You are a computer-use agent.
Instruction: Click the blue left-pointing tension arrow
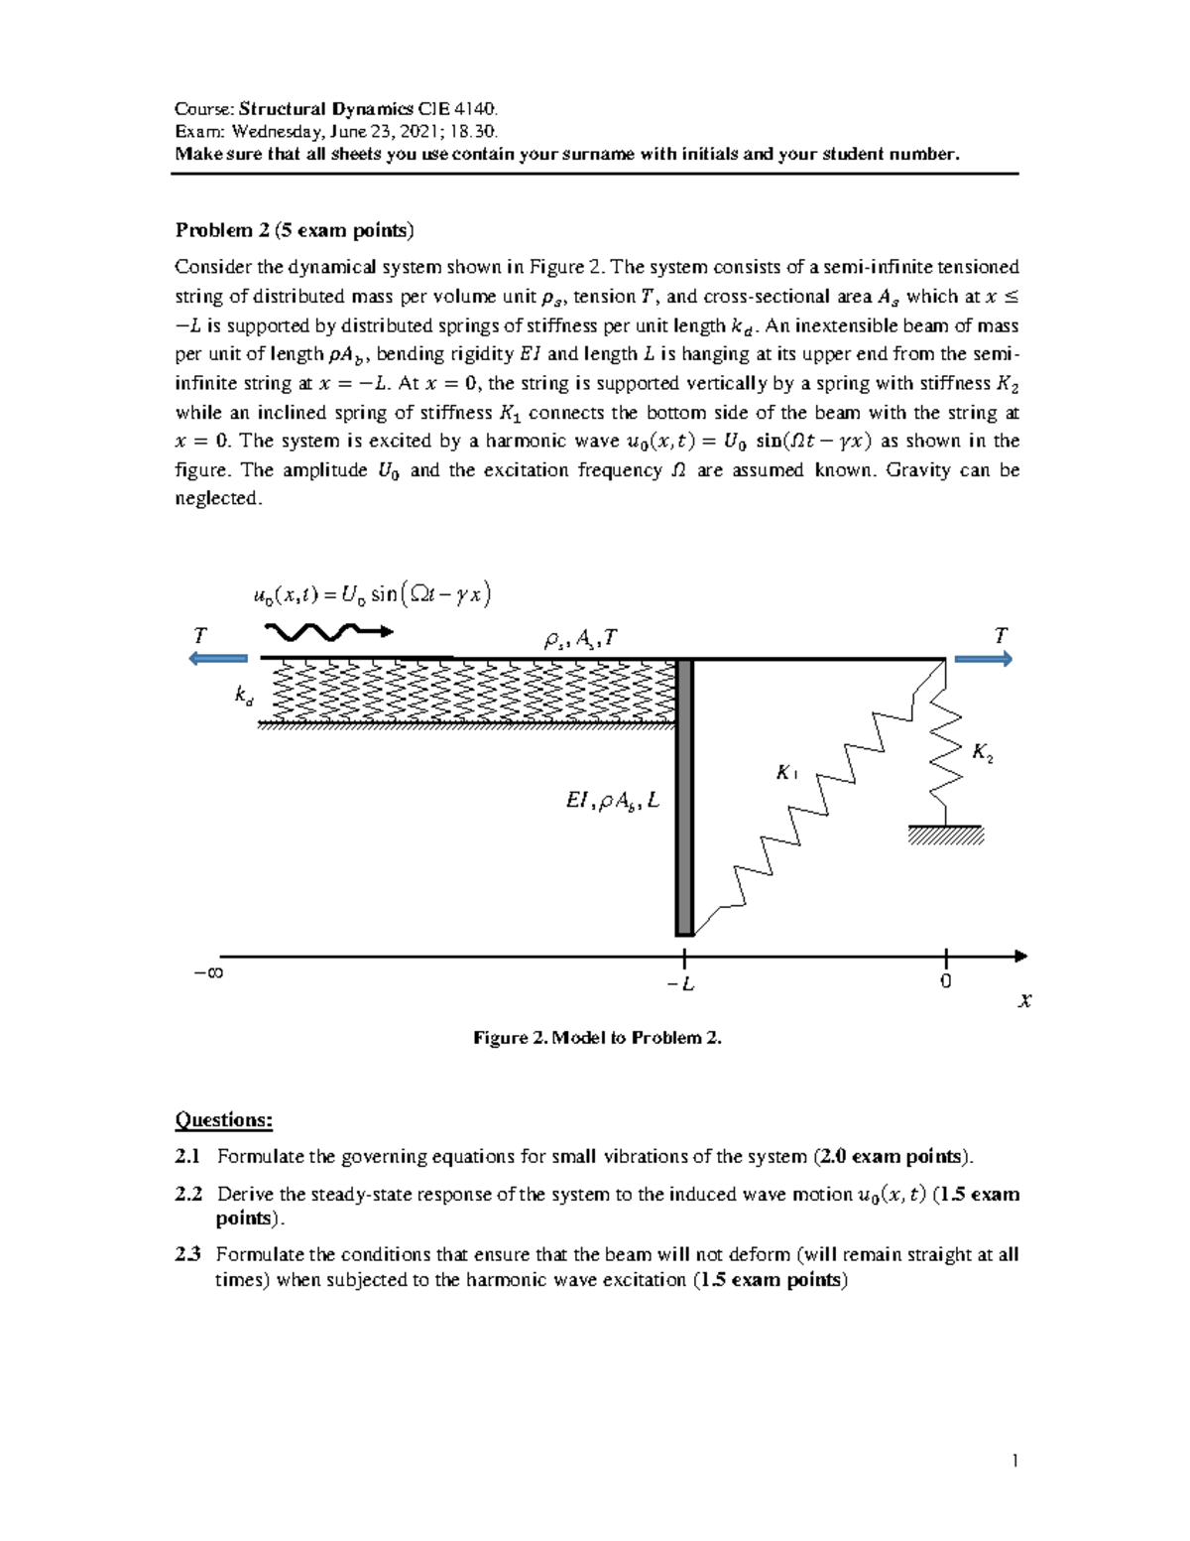point(219,658)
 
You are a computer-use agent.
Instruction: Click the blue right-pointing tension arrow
point(983,658)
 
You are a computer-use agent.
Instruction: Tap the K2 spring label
point(983,753)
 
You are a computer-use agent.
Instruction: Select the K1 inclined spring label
point(788,772)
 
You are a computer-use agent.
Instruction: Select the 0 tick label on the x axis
point(946,982)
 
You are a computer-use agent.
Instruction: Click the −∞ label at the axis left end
point(208,972)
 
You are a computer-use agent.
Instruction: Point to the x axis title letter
point(1025,1001)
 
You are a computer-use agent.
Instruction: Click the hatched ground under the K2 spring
point(945,836)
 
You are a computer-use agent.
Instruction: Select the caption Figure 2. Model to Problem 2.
point(597,1038)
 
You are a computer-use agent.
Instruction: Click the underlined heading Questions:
point(223,1120)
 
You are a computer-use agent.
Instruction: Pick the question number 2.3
point(187,1254)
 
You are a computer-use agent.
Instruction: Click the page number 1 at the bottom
point(1015,1460)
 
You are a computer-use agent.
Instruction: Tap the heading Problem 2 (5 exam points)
point(295,230)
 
